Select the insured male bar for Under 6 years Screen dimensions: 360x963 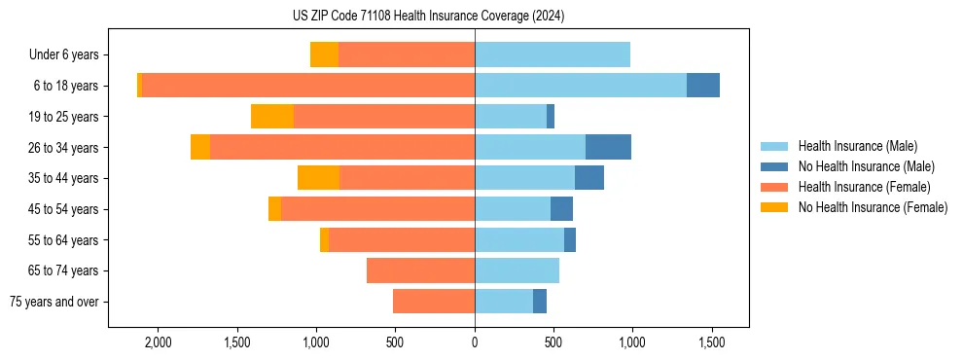[553, 54]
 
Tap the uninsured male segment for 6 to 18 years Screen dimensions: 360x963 [703, 86]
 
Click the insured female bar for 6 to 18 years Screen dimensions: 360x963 [308, 86]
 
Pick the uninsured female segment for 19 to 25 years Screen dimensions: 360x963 [272, 117]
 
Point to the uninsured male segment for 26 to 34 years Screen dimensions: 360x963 [608, 147]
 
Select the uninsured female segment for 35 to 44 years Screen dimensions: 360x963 [318, 178]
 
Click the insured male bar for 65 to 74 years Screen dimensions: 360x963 [517, 270]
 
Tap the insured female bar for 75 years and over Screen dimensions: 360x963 [434, 302]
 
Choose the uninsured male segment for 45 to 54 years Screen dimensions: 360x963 [561, 209]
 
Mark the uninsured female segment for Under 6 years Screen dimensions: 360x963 [324, 54]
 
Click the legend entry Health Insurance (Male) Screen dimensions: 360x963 [856, 146]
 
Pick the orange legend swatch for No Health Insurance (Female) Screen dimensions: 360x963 [775, 207]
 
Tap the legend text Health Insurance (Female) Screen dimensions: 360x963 [864, 187]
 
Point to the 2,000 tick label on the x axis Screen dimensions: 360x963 [158, 343]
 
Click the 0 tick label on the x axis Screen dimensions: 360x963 [475, 343]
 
